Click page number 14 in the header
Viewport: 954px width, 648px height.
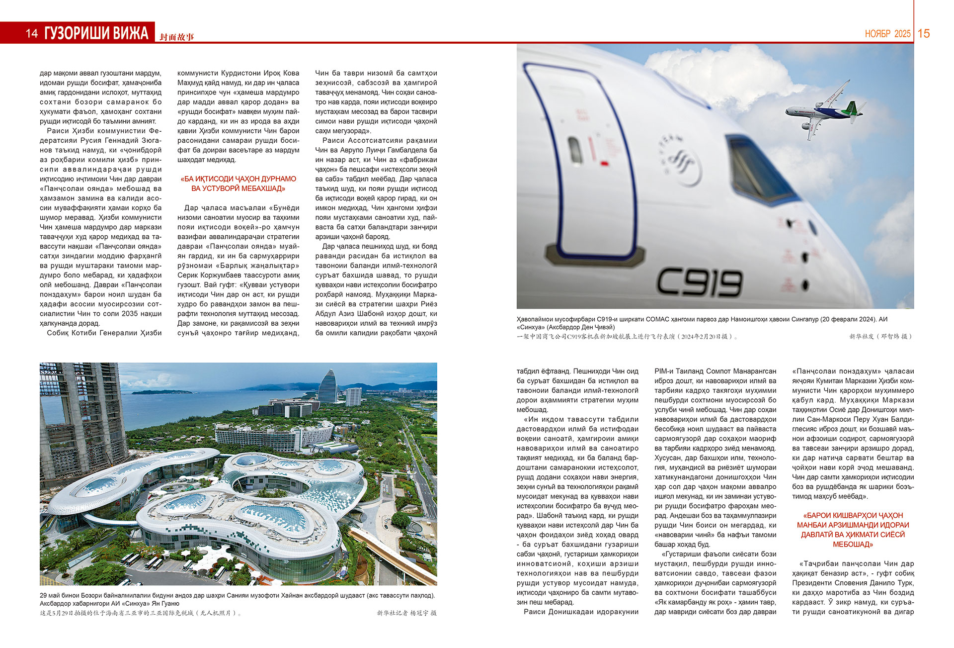[32, 33]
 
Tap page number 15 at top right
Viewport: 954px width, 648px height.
[924, 33]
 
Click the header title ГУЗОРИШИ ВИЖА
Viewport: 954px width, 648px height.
[96, 33]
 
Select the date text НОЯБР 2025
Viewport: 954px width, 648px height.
[887, 34]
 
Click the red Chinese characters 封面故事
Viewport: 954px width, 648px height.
[177, 37]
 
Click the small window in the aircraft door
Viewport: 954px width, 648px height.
[575, 150]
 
